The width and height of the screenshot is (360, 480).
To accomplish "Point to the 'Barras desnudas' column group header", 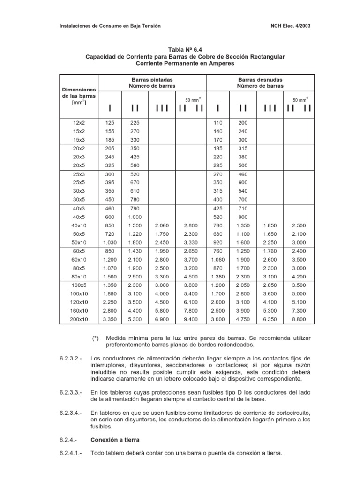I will tap(260, 80).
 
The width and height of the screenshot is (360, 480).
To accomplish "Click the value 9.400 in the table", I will tap(191, 319).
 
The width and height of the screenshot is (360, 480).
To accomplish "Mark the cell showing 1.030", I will tap(110, 242).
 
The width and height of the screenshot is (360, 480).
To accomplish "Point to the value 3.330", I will tap(191, 242).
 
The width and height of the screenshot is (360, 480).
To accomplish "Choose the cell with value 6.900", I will tap(162, 319).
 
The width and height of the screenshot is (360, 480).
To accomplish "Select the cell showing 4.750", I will tap(243, 319).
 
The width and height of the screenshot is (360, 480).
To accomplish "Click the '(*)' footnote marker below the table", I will tap(96, 337).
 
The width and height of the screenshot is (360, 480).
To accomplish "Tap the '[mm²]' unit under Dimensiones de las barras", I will tap(78, 102).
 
